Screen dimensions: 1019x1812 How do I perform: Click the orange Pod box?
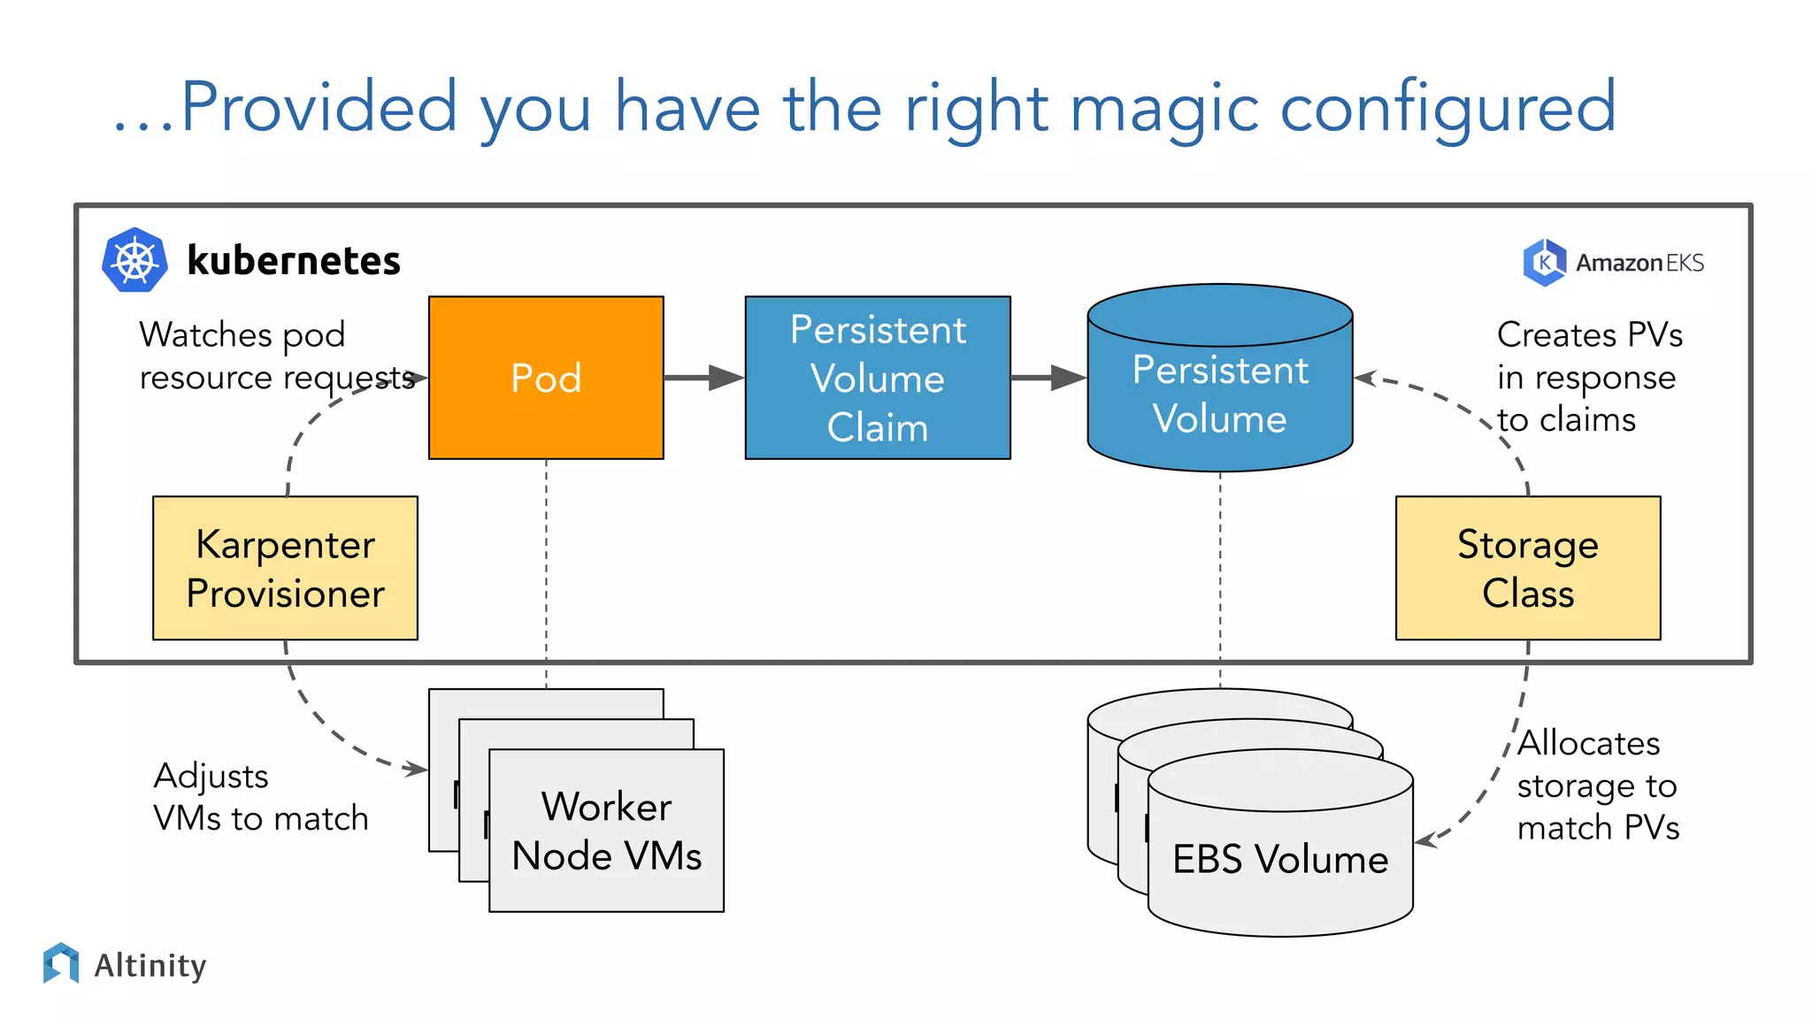[546, 378]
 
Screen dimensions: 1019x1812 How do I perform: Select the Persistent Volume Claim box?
[878, 378]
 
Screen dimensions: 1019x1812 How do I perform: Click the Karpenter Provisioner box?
[285, 568]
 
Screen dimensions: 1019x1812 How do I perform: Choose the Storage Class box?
[1528, 568]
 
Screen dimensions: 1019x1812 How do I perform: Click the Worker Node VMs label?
[607, 831]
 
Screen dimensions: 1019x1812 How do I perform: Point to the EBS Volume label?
[1280, 859]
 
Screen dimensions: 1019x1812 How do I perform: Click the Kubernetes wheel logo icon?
[134, 260]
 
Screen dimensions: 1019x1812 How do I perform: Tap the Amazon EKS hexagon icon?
[1544, 262]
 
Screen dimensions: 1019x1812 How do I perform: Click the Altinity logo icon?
[61, 963]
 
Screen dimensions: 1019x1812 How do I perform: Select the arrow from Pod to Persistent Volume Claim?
[703, 378]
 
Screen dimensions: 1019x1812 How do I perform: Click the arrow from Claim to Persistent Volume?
[1048, 378]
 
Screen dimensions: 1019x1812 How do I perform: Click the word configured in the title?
[1448, 108]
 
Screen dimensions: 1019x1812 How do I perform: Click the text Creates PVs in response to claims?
[1588, 377]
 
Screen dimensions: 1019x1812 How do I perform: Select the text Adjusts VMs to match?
[260, 797]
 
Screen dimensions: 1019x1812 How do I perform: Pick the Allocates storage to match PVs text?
[1597, 785]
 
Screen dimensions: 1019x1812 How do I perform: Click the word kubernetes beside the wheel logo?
[294, 261]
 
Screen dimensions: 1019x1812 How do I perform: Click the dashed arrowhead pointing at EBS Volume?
[1424, 840]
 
